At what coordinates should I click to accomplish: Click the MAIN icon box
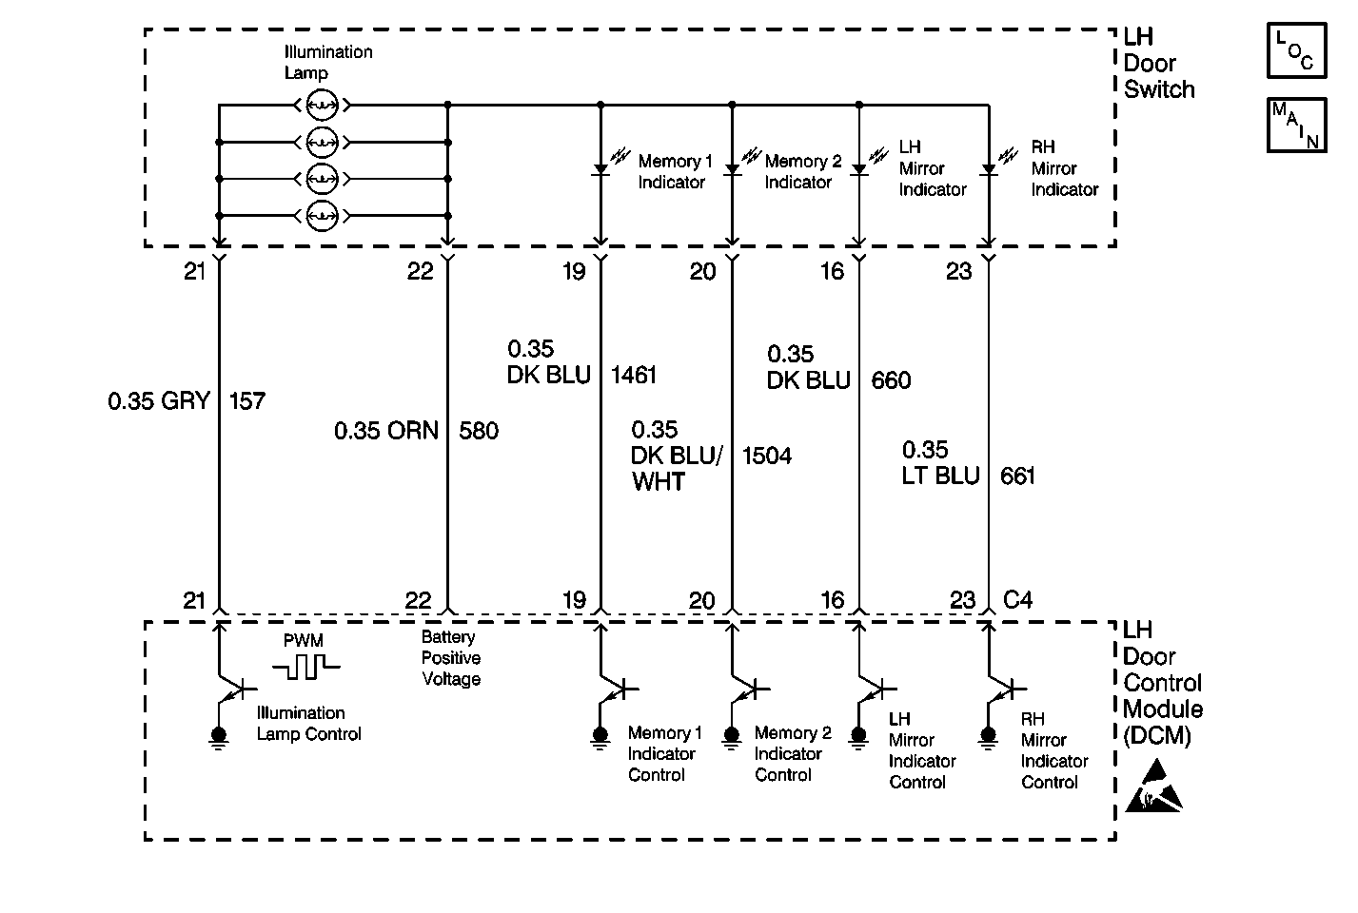[1295, 125]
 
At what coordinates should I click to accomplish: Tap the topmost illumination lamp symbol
[323, 104]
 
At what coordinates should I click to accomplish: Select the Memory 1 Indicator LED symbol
[600, 168]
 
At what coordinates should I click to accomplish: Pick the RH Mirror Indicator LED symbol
[989, 168]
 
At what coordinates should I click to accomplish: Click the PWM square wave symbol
[305, 666]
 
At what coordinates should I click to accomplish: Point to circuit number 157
[247, 401]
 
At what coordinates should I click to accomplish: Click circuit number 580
[479, 431]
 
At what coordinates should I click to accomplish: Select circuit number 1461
[634, 375]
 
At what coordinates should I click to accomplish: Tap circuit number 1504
[766, 456]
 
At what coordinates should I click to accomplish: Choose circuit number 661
[1017, 476]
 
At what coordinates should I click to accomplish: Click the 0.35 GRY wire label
[159, 401]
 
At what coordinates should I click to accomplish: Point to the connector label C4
[1018, 600]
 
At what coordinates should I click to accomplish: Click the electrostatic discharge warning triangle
[1152, 787]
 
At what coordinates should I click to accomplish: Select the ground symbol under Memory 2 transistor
[732, 737]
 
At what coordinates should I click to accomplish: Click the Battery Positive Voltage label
[451, 658]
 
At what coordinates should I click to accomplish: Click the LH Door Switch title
[1158, 64]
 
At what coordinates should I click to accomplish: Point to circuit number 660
[891, 380]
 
